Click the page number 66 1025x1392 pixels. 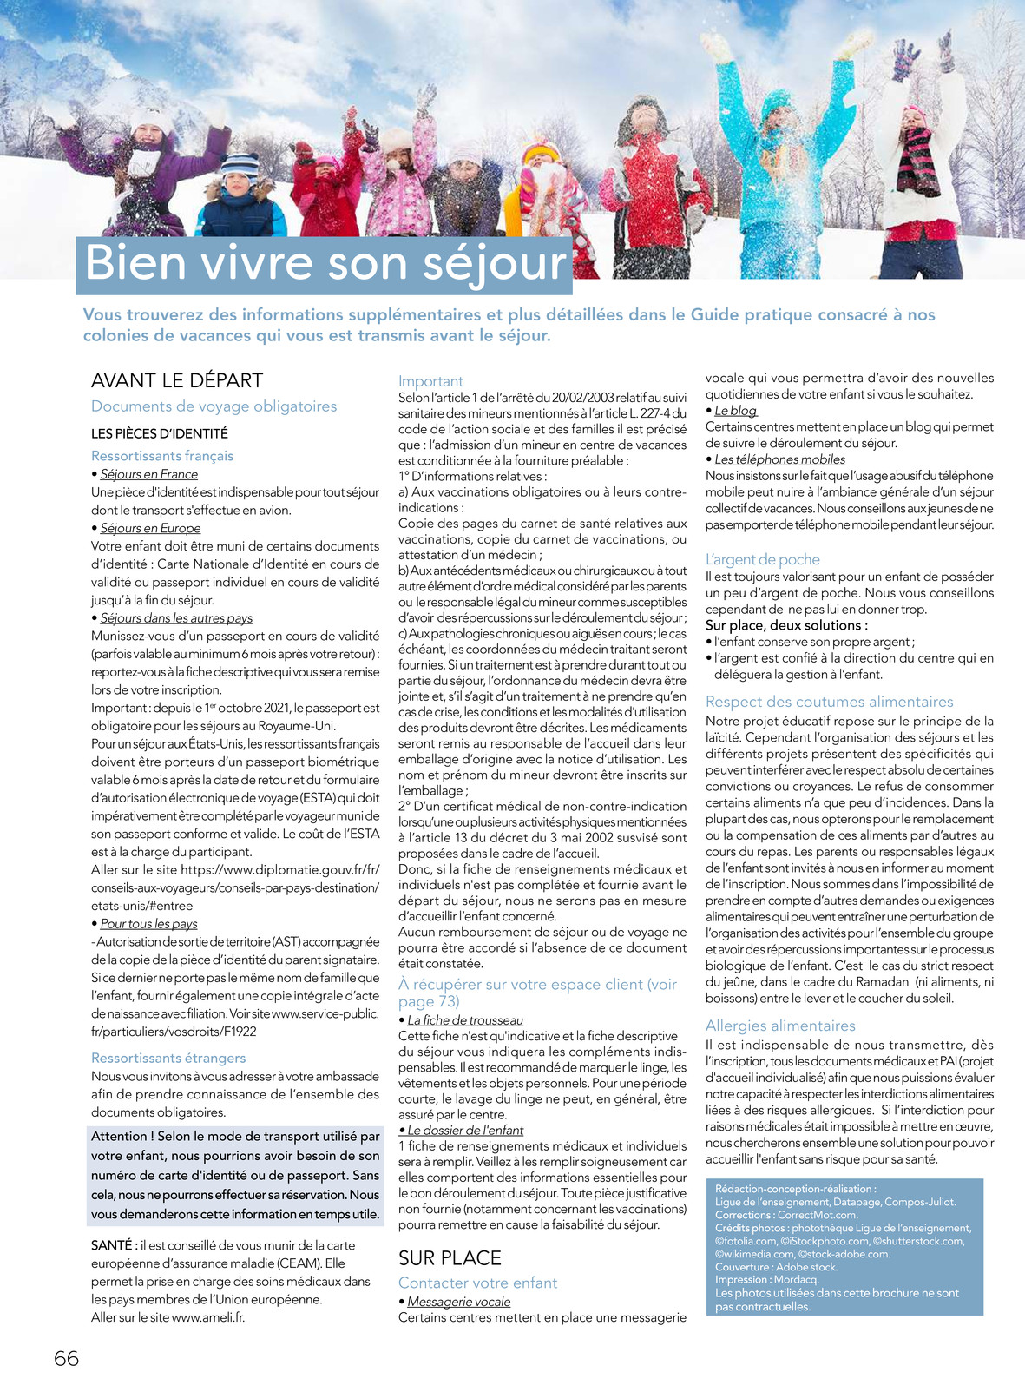[66, 1359]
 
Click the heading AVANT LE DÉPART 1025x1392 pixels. [177, 380]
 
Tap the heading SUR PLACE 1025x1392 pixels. [450, 1258]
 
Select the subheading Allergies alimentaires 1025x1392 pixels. [780, 1026]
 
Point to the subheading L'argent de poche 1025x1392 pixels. [762, 560]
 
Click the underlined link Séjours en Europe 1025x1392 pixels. [150, 528]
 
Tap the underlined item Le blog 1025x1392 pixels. [735, 411]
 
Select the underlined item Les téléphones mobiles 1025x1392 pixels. [779, 459]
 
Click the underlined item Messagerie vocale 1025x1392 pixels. [458, 1302]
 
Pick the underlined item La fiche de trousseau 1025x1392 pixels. [465, 1020]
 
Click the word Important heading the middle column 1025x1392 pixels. [430, 381]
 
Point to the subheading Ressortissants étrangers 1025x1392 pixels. [168, 1058]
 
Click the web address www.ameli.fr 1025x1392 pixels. [207, 1317]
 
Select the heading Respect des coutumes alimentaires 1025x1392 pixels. [829, 702]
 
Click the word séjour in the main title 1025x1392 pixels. [495, 262]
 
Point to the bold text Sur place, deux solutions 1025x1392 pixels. [785, 625]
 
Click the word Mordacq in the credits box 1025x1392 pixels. [796, 1279]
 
